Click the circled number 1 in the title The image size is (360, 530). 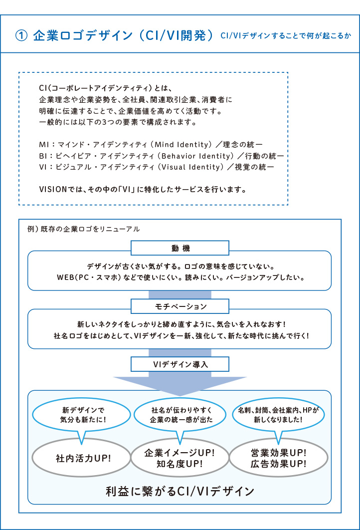pyautogui.click(x=21, y=35)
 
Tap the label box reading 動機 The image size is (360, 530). pyautogui.click(x=180, y=248)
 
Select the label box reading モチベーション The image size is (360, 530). pyautogui.click(x=180, y=306)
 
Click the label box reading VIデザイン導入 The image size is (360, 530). pyautogui.click(x=180, y=364)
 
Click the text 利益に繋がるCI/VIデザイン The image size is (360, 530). pyautogui.click(x=180, y=491)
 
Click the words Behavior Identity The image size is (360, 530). pyautogui.click(x=197, y=156)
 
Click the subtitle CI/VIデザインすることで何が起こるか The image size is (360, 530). pyautogui.click(x=286, y=35)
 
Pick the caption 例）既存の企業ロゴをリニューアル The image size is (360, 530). pyautogui.click(x=83, y=229)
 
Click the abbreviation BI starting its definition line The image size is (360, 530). pyautogui.click(x=43, y=156)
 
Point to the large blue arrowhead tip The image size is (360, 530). pyautogui.click(x=180, y=396)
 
